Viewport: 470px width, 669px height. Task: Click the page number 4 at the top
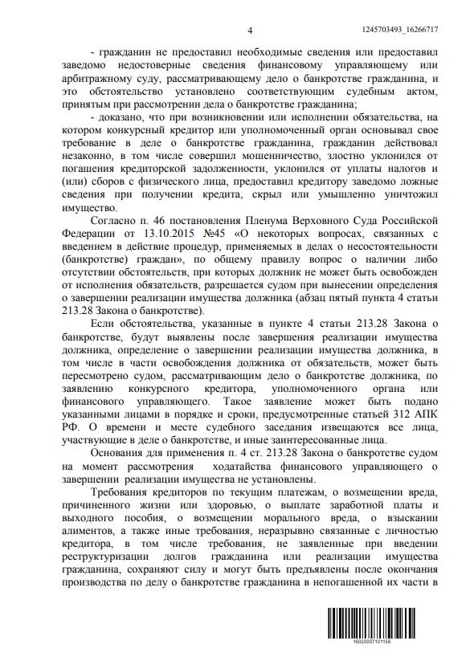250,31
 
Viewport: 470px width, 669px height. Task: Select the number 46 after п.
174,222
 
